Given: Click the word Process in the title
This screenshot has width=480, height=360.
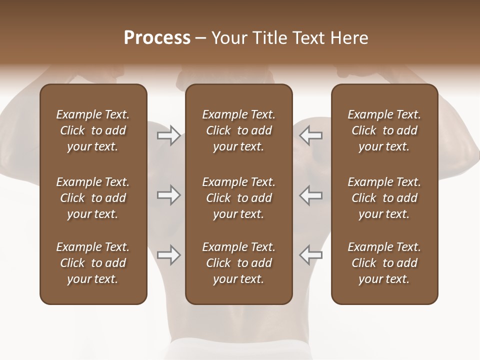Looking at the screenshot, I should click(x=157, y=38).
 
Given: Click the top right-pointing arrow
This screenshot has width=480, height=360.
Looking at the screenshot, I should click(x=168, y=135).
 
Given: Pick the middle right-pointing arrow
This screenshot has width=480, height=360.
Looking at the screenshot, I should click(x=168, y=195).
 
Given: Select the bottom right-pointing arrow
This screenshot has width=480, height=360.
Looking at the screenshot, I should click(x=168, y=255).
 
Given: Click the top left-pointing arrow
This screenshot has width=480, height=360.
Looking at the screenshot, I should click(x=311, y=135).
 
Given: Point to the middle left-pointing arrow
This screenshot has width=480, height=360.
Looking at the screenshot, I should click(x=311, y=195).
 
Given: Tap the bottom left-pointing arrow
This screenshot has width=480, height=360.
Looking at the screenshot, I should click(x=311, y=255).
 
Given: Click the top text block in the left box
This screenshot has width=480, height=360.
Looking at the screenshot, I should click(x=93, y=130).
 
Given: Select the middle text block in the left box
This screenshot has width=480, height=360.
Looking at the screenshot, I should click(x=93, y=198).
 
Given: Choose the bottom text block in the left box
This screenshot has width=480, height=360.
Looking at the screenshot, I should click(x=93, y=263).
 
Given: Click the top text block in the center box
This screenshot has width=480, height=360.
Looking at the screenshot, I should click(x=238, y=130).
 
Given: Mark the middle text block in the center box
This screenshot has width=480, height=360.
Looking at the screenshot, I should click(x=238, y=198).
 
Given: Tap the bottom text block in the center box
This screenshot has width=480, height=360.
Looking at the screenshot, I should click(x=238, y=263).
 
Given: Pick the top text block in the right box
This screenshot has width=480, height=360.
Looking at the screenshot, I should click(x=384, y=130).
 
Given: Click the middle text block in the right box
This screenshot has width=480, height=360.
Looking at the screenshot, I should click(x=384, y=198).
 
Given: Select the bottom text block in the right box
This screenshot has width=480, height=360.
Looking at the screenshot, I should click(x=384, y=263).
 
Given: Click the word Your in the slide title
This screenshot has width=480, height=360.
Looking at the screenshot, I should click(x=228, y=38).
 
